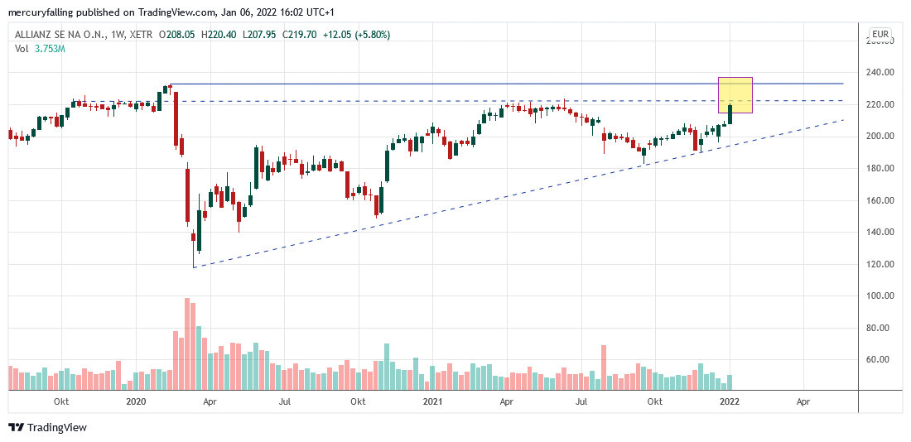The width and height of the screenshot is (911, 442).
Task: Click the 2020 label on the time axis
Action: click(x=136, y=402)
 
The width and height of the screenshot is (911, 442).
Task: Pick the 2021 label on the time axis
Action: click(x=431, y=402)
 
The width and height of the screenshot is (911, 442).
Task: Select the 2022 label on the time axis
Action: click(x=729, y=402)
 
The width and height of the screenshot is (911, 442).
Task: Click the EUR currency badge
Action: click(x=880, y=35)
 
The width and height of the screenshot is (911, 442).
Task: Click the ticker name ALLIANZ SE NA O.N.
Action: click(x=57, y=35)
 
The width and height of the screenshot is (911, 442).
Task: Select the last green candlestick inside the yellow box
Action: click(x=730, y=114)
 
